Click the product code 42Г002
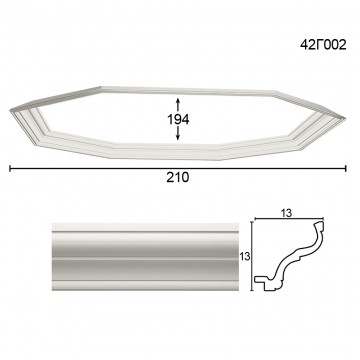(x=323, y=45)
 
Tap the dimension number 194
(x=178, y=119)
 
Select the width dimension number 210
(x=178, y=177)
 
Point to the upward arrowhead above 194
(x=178, y=101)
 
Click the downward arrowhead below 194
(x=178, y=136)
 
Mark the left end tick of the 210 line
(x=10, y=168)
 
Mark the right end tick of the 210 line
(x=346, y=168)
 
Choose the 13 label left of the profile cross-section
(x=245, y=256)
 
